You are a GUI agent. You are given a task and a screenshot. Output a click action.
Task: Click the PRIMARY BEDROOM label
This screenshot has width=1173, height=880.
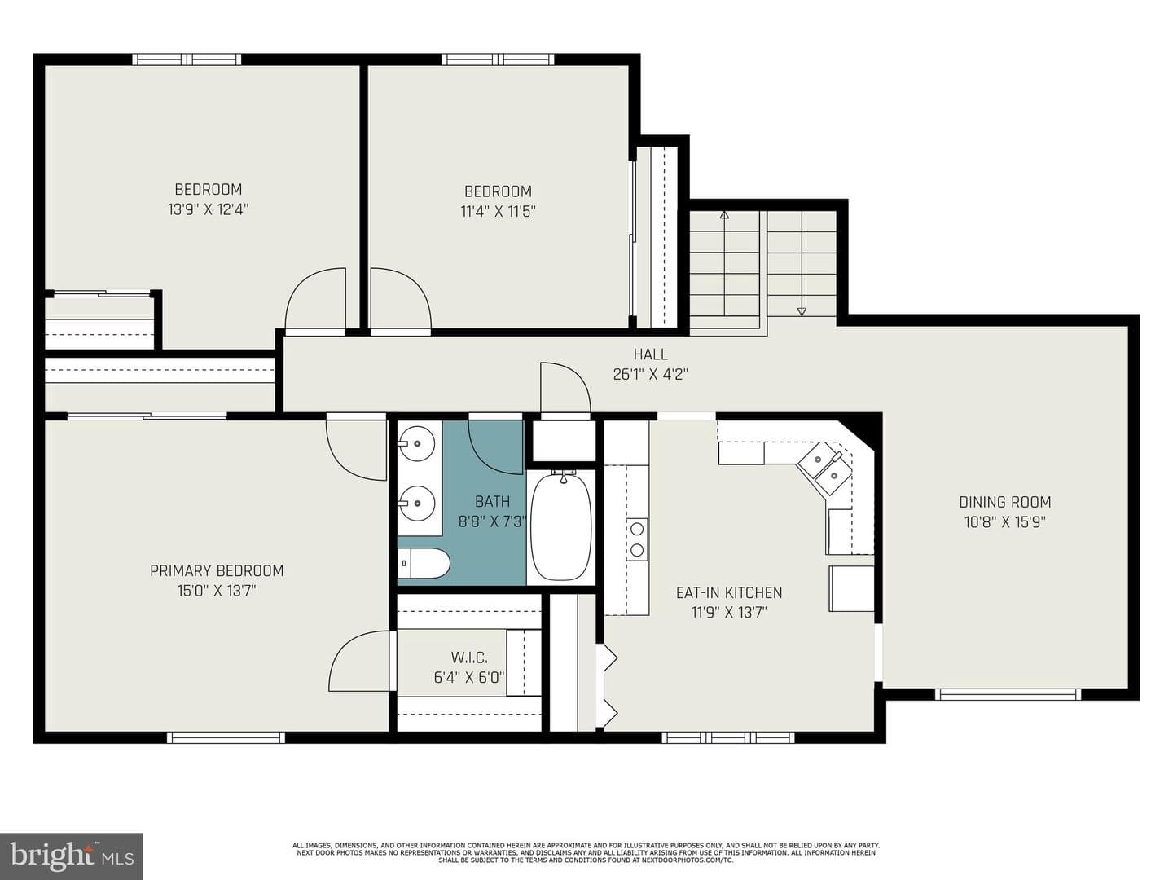[x=217, y=570]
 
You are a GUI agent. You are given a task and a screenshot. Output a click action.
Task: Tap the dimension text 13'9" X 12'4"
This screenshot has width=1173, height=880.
[x=209, y=209]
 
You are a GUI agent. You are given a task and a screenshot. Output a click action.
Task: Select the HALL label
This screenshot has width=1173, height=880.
[x=650, y=354]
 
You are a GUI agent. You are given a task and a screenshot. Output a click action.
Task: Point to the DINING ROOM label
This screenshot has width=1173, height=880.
[x=1004, y=502]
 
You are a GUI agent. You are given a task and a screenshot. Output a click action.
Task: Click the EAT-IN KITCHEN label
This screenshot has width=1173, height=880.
[x=729, y=592]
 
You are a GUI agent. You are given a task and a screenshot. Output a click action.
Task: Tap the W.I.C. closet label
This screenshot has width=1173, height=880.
[x=469, y=658]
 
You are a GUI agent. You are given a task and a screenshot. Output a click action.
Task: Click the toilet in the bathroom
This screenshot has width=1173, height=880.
[x=424, y=562]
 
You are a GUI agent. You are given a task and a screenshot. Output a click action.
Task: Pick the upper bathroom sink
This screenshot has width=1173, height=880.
[x=416, y=442]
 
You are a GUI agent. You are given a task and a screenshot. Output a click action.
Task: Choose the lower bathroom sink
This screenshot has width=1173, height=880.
[x=416, y=503]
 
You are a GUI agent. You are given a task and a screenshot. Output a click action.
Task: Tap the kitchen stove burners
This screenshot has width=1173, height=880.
[x=637, y=539]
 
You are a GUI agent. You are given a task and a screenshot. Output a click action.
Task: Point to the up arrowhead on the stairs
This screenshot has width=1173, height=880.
[x=724, y=216]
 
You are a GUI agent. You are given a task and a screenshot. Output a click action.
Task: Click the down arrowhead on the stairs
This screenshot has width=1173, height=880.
[x=802, y=311]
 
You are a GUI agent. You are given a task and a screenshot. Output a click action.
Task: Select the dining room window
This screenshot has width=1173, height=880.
[x=1008, y=694]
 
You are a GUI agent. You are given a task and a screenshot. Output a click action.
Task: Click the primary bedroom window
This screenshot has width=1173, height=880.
[x=226, y=737]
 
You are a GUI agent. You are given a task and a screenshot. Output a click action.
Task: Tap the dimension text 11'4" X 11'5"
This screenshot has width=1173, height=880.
[x=498, y=211]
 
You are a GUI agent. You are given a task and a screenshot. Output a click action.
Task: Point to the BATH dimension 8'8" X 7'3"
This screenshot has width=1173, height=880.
[x=493, y=521]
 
